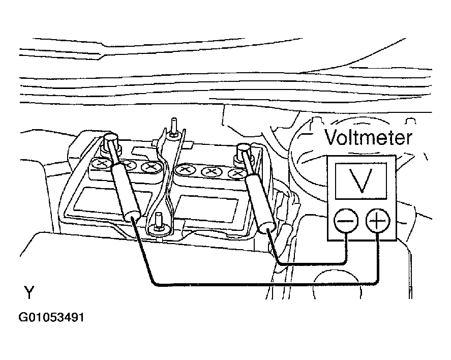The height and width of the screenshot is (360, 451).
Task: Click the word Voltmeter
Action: coord(369,137)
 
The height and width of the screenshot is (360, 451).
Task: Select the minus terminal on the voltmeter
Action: coord(346,221)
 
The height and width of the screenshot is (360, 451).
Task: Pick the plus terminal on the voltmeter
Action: coord(378,221)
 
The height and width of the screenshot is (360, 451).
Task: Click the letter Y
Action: coord(29,292)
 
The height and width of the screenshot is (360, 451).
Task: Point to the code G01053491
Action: coord(51,317)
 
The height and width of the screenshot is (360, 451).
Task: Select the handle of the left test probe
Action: coord(126,192)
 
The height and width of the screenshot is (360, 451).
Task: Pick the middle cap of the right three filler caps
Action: coord(212,172)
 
